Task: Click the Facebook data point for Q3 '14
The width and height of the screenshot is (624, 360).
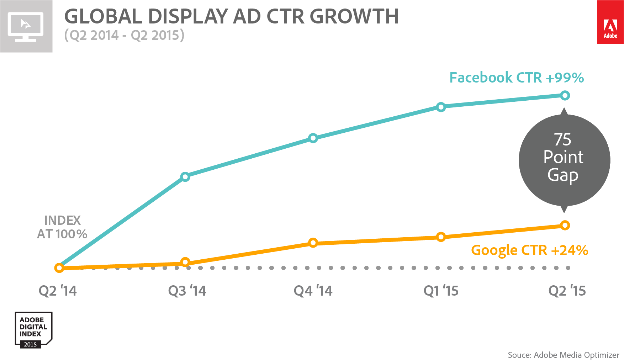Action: pos(185,176)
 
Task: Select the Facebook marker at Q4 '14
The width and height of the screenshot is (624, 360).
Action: pos(313,138)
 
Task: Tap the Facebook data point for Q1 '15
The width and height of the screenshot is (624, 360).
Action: pos(441,107)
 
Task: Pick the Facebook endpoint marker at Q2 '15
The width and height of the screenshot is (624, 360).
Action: pos(565,95)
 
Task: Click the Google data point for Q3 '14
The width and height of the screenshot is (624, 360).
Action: pos(185,263)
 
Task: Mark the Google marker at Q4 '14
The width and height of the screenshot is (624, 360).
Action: pos(313,243)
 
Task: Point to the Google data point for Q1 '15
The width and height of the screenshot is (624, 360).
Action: pos(441,237)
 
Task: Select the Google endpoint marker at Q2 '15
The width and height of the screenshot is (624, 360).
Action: pos(565,225)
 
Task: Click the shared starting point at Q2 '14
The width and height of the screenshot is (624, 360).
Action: pos(59,268)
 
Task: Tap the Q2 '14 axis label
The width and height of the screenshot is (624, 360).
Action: pos(58,291)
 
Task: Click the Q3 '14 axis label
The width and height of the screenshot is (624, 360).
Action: pos(187,291)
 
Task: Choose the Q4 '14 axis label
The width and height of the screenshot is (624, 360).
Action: pos(313,291)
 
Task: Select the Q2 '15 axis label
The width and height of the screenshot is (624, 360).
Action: pos(567,291)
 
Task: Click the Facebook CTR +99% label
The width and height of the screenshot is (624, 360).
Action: pos(517,78)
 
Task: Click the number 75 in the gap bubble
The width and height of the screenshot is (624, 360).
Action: pos(562,139)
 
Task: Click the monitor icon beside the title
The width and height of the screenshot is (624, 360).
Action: pos(26,27)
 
